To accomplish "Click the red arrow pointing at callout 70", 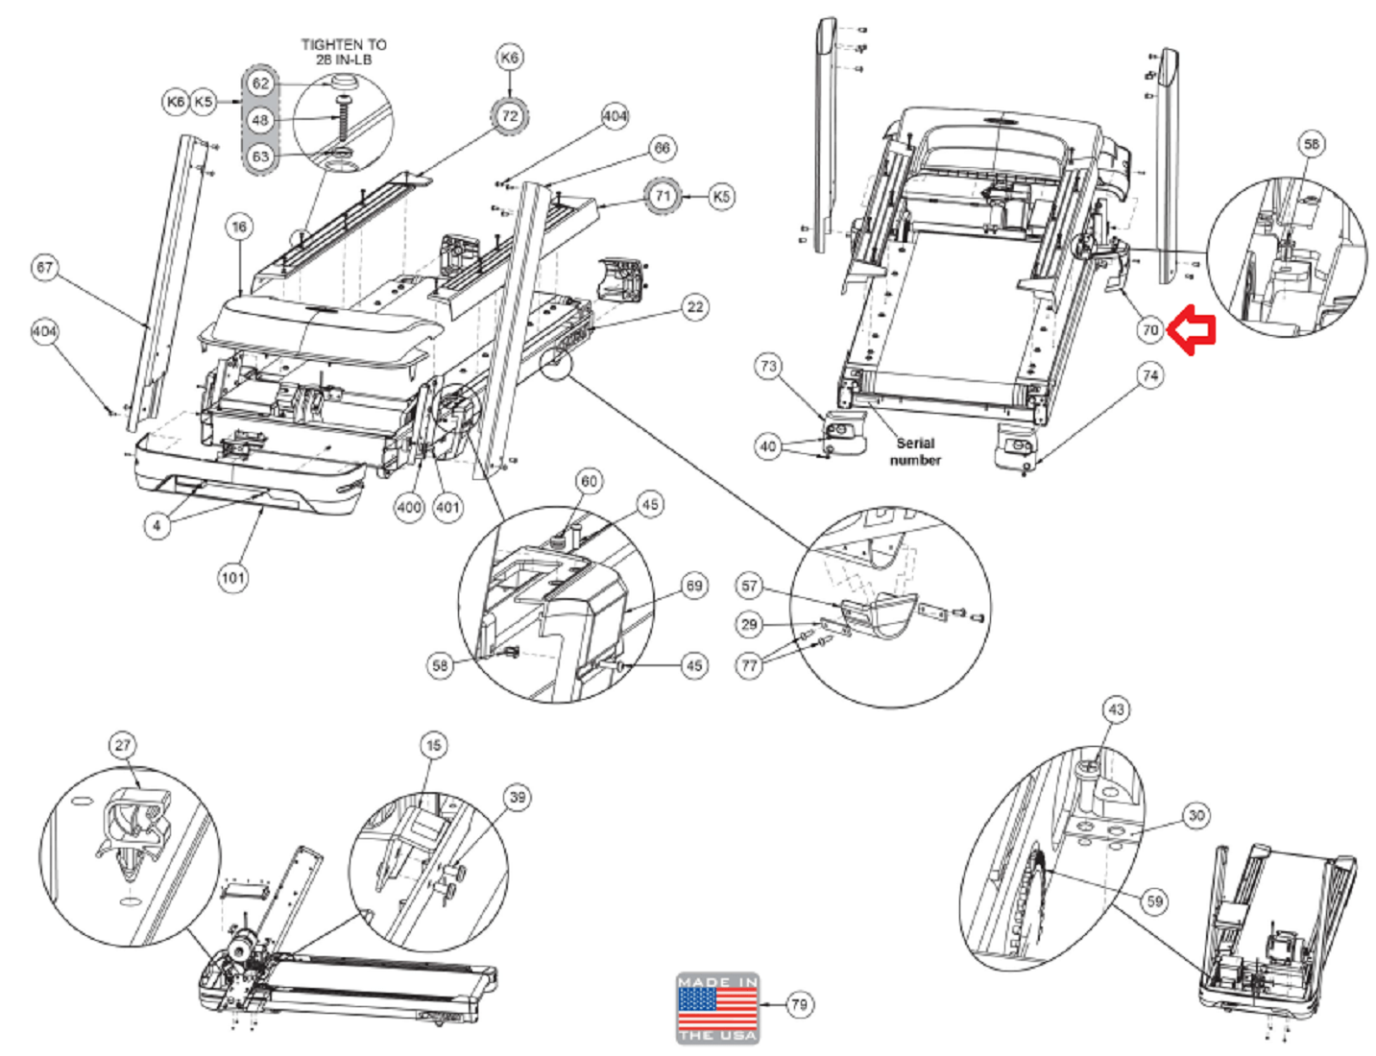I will click(1195, 330).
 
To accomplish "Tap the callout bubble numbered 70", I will click(1150, 330).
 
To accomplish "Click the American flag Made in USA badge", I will click(717, 1008).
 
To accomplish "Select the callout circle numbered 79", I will click(799, 1005).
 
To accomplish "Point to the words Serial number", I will click(914, 451).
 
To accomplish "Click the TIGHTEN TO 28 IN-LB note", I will click(343, 52).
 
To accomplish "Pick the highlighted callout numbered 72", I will click(510, 116).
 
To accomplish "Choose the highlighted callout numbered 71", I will click(663, 196).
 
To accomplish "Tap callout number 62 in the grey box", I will click(260, 84).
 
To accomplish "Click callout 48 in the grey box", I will click(260, 120).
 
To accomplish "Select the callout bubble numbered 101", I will click(232, 577).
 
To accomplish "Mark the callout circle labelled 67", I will click(45, 268).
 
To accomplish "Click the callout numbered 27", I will click(123, 745).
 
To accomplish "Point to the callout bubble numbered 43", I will click(1116, 709).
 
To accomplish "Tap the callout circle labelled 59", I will click(1154, 900).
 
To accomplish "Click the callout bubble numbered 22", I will click(695, 307).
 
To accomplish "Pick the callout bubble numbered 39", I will click(518, 797).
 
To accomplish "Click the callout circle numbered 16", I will click(239, 227).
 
